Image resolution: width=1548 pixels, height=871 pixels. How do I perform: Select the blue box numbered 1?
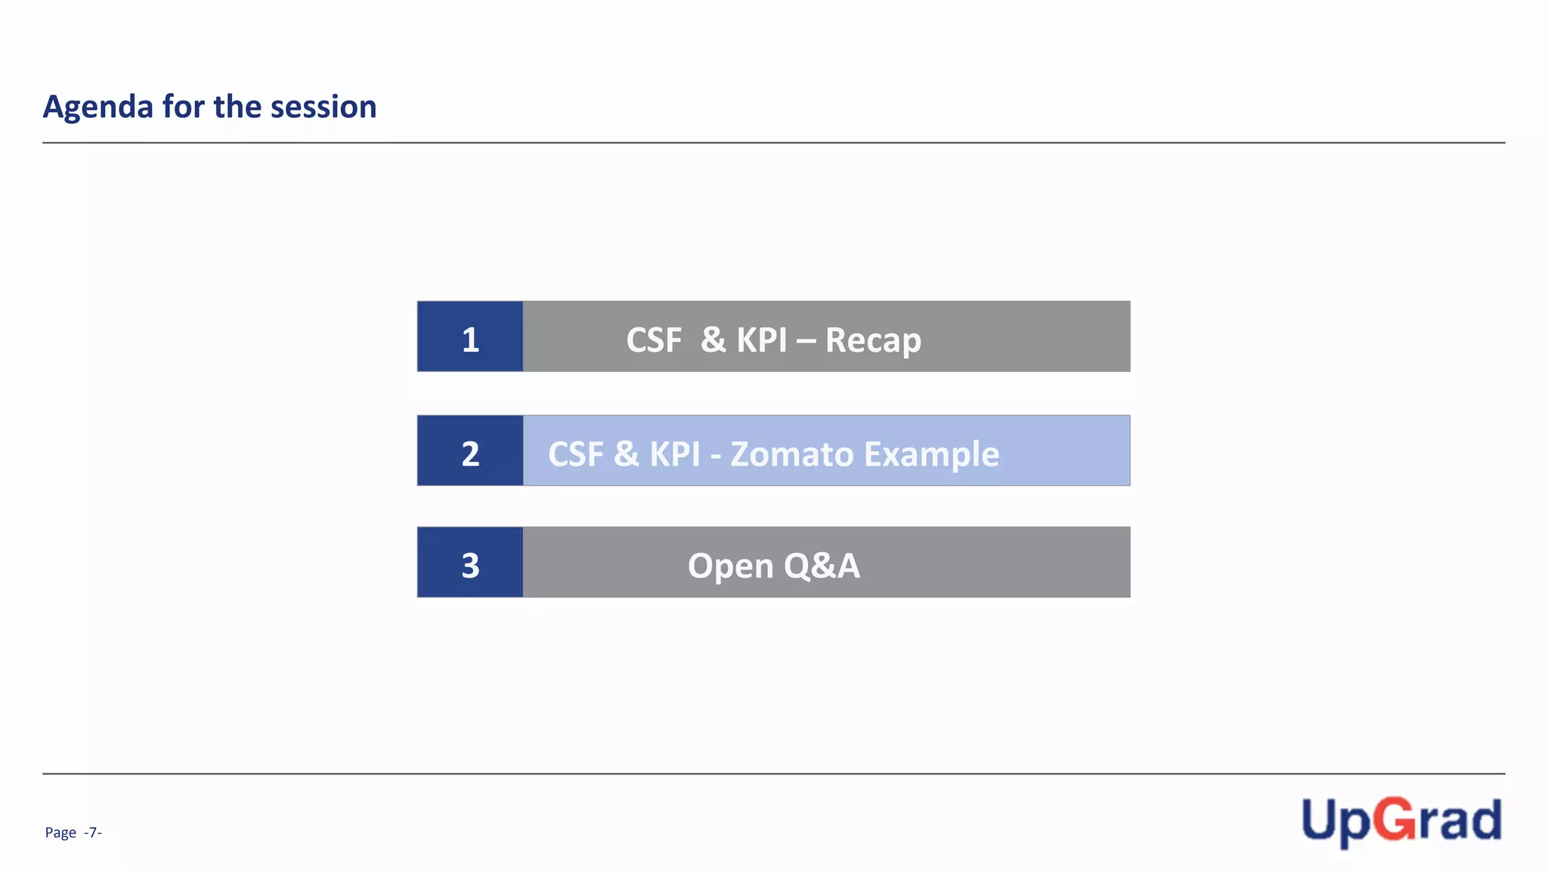(x=470, y=337)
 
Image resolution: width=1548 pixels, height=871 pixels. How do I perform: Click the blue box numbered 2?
(x=470, y=451)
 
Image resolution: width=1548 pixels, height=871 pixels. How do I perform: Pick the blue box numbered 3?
(x=470, y=563)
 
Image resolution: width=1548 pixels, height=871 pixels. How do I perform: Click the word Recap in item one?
(x=873, y=340)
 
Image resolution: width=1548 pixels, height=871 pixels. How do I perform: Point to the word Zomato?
(x=791, y=454)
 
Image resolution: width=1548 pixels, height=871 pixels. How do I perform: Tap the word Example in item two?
(x=931, y=454)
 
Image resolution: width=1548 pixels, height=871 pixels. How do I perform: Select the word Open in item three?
(x=730, y=566)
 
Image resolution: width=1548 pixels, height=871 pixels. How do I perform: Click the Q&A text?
(x=822, y=566)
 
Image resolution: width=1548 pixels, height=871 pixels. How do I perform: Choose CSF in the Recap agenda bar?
(x=654, y=340)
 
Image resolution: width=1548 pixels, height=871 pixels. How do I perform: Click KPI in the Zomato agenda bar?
(x=675, y=454)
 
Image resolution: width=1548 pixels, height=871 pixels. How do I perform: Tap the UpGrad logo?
(x=1401, y=821)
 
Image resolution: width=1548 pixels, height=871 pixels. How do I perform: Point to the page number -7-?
(x=93, y=832)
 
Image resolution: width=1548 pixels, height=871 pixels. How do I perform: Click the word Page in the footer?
(x=60, y=832)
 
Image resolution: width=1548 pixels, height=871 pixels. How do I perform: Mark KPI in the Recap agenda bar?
(x=762, y=340)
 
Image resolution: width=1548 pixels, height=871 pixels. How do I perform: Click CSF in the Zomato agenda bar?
(x=576, y=454)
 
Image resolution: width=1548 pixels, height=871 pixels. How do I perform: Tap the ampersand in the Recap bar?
(x=714, y=340)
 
